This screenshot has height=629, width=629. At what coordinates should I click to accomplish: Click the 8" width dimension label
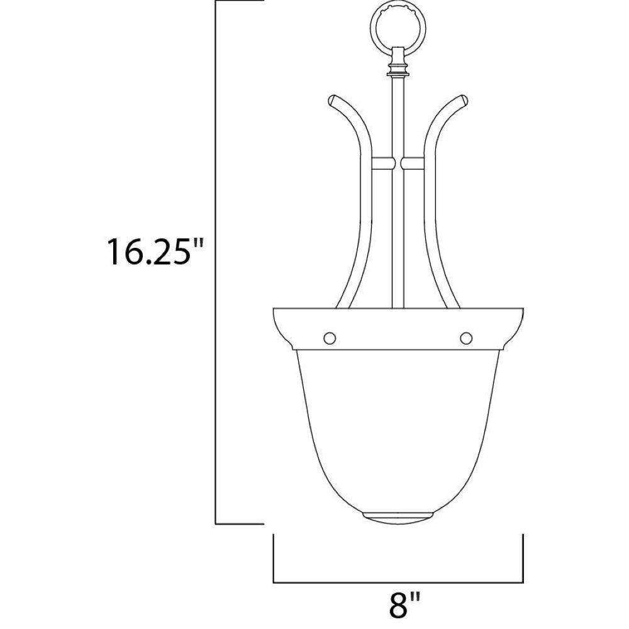[404, 612]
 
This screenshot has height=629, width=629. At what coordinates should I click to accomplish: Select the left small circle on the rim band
[330, 338]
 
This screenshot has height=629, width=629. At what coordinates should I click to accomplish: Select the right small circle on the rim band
[465, 338]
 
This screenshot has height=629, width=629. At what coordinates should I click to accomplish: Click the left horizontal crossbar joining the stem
[383, 163]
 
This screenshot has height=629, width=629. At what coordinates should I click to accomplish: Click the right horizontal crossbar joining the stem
[413, 163]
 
